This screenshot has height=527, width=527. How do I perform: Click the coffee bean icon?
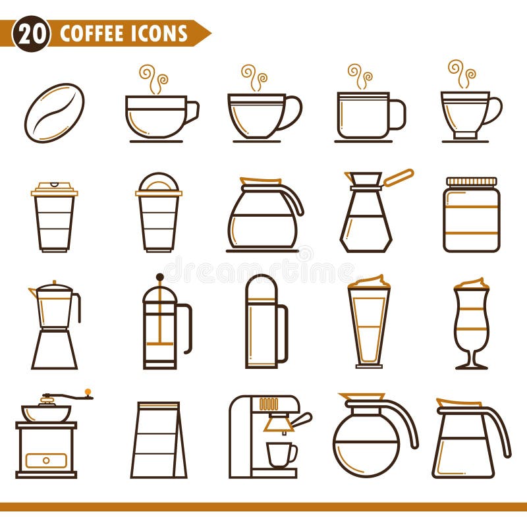pyautogui.click(x=54, y=113)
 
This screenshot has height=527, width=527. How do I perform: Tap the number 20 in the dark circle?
pyautogui.click(x=31, y=34)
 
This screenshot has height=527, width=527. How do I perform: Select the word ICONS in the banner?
pyautogui.click(x=161, y=34)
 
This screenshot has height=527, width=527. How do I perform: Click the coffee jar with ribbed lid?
pyautogui.click(x=471, y=215)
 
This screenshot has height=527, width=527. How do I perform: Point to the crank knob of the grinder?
pyautogui.click(x=88, y=393)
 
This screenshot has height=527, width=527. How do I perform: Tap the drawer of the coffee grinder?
pyautogui.click(x=46, y=460)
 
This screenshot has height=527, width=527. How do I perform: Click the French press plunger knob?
pyautogui.click(x=159, y=277)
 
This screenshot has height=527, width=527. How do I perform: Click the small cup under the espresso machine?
pyautogui.click(x=281, y=453)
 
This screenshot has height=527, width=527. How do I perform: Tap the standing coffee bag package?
pyautogui.click(x=158, y=439)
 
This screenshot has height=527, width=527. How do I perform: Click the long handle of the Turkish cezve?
pyautogui.click(x=398, y=178)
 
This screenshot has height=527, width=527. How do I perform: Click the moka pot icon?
pyautogui.click(x=55, y=325)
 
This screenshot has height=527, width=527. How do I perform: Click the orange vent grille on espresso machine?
pyautogui.click(x=268, y=404)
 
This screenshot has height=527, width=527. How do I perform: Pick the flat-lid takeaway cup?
pyautogui.click(x=54, y=217)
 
